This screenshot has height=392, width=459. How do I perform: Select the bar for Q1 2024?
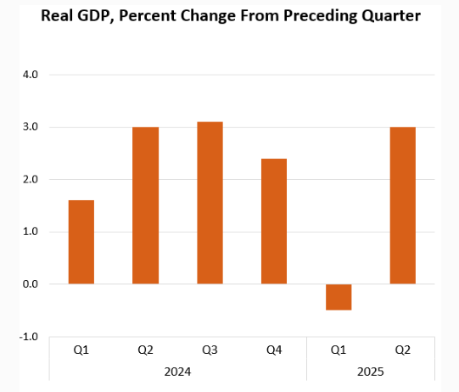click(81, 242)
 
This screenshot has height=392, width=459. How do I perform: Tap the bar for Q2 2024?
click(145, 205)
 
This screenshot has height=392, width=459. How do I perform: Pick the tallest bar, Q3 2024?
click(210, 203)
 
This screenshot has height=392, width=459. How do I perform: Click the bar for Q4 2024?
click(274, 221)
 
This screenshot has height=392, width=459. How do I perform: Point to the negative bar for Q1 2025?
click(339, 297)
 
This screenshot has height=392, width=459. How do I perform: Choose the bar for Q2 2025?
click(403, 205)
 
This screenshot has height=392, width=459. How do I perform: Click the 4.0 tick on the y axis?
click(31, 75)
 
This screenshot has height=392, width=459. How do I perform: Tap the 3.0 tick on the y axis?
click(31, 127)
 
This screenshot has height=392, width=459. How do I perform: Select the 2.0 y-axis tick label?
click(31, 179)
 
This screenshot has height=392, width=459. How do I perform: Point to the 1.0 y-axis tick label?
click(31, 232)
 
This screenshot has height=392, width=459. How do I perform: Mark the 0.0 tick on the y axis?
click(31, 284)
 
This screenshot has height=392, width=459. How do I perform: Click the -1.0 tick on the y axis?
click(29, 336)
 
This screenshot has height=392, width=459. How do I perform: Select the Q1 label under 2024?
click(81, 350)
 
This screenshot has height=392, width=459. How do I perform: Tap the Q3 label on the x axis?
click(210, 350)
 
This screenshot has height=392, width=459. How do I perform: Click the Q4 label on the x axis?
click(274, 350)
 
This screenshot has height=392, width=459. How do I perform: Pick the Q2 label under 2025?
click(403, 350)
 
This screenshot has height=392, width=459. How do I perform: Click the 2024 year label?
click(177, 371)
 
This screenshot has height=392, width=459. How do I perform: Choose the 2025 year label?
click(371, 371)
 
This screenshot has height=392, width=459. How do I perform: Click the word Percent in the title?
click(162, 15)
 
